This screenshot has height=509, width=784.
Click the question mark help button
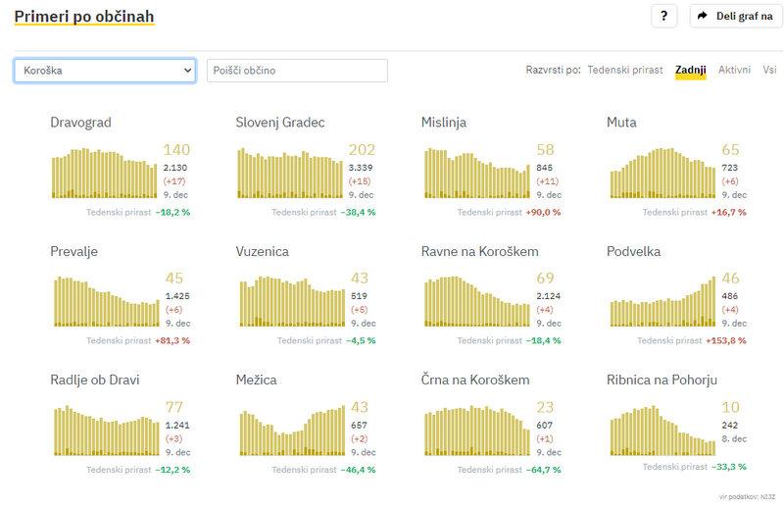(x=664, y=17)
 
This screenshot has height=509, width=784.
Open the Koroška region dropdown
(x=105, y=71)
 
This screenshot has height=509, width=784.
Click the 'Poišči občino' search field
(x=297, y=71)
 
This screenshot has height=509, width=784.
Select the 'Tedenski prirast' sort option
(x=624, y=71)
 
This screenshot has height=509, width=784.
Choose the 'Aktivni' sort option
(x=734, y=71)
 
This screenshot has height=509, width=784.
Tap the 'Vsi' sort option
(x=770, y=71)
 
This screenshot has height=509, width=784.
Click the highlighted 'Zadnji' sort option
(x=690, y=71)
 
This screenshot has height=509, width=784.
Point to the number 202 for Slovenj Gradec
(x=362, y=150)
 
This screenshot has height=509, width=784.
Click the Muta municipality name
(x=621, y=123)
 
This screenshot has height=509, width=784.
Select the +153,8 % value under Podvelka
(x=725, y=340)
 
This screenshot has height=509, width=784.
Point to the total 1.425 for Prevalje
(x=177, y=295)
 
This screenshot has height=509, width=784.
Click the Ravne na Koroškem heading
(x=479, y=251)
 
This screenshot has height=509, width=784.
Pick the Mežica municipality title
(x=256, y=380)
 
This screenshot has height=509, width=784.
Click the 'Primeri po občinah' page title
(x=83, y=17)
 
